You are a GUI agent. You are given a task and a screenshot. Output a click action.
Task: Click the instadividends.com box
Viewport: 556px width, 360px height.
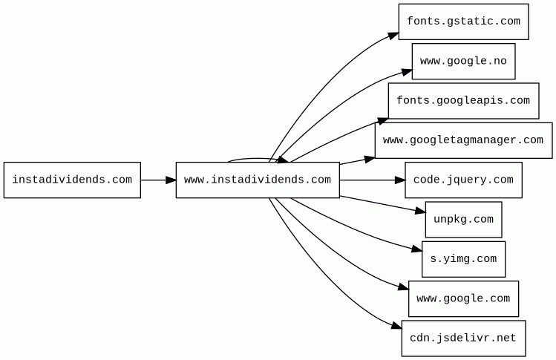point(72,180)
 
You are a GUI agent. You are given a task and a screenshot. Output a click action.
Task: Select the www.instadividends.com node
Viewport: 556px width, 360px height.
point(258,180)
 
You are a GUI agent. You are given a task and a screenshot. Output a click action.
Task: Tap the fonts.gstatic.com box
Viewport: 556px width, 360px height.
point(463,22)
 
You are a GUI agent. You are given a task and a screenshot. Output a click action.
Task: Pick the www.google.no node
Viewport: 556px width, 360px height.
point(463,62)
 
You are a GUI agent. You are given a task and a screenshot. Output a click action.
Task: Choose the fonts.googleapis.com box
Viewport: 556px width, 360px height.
point(463,101)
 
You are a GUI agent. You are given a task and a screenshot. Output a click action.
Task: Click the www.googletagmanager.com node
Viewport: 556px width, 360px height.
point(463,140)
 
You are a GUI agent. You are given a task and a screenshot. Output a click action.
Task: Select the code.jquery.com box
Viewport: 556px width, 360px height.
point(463,180)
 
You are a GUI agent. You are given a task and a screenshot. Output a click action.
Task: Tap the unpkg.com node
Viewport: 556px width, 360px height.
point(463,220)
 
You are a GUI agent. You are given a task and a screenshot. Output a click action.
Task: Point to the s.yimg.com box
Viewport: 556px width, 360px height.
point(463,259)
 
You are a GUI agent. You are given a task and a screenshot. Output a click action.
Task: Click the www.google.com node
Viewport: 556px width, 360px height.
point(463,299)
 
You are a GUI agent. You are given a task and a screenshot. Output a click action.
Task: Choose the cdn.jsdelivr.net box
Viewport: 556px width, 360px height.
point(463,338)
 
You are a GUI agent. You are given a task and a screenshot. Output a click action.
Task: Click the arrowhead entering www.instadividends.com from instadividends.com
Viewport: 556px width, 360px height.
point(171,180)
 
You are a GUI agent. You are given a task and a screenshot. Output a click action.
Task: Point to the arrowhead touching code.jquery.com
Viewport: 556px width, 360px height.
point(400,180)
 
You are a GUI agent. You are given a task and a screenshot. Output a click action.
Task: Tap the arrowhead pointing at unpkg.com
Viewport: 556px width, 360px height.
point(421,212)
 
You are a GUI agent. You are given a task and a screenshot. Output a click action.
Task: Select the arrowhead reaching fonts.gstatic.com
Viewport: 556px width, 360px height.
point(393,36)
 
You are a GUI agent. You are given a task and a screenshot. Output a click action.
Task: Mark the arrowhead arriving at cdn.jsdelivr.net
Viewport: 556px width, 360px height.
point(397,326)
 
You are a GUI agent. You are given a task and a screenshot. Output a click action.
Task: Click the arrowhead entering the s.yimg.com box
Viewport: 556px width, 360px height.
point(417,249)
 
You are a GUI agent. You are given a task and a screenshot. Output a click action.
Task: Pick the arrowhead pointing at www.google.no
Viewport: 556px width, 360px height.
point(407,72)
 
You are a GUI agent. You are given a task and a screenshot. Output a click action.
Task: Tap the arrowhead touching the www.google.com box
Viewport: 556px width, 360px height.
point(404,287)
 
